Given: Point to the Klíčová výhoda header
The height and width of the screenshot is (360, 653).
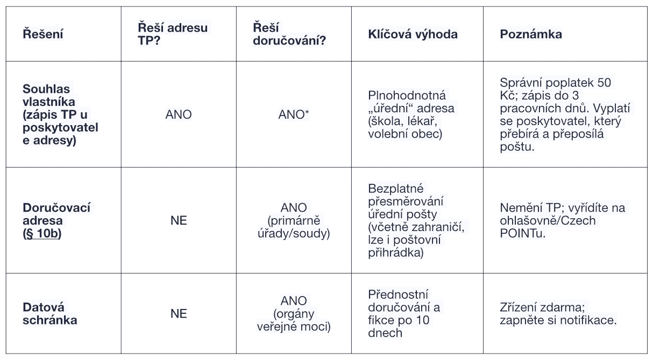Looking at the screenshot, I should pos(411,34).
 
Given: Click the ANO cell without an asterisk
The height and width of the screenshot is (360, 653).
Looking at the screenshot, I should pos(178,114).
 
